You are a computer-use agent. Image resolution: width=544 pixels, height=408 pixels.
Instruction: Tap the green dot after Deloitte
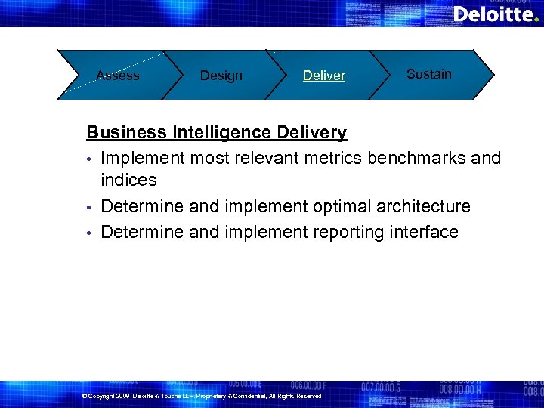pos(536,20)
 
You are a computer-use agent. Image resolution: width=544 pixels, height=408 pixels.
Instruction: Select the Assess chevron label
pos(118,75)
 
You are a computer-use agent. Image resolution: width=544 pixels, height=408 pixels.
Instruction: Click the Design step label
pos(221,76)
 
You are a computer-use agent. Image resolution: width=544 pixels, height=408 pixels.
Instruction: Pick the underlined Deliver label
pos(324,76)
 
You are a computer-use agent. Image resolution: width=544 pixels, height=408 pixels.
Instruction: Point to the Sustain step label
pos(428,74)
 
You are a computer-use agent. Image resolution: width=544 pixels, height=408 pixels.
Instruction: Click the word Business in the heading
pos(126,133)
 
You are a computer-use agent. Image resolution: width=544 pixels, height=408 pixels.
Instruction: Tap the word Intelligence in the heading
pos(221,133)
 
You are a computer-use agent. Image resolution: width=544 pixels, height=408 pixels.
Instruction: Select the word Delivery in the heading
pos(311,133)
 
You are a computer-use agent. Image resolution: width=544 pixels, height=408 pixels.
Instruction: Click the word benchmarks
pos(416,158)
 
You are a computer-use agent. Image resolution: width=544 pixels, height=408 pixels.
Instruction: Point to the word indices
pos(128,181)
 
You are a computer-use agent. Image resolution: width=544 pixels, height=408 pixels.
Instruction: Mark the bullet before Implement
pos(89,159)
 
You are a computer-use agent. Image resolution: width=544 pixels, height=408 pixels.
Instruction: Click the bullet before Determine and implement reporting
pos(89,233)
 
